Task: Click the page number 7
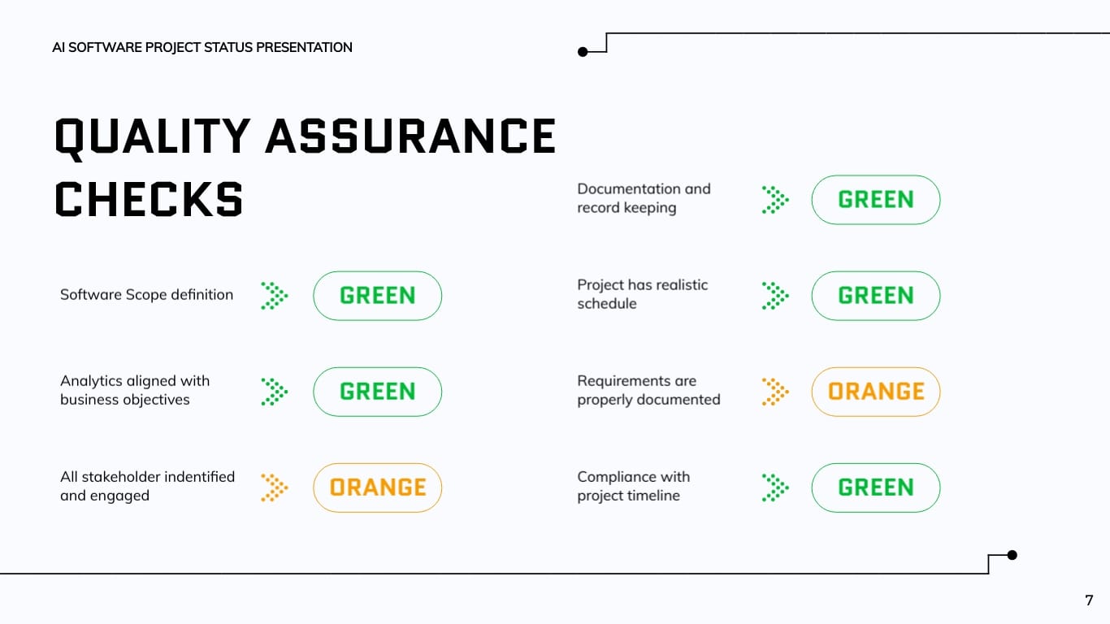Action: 1089,600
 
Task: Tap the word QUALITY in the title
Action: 152,136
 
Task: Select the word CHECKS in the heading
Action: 150,199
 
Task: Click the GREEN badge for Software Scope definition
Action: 377,296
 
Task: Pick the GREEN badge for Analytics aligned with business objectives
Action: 377,392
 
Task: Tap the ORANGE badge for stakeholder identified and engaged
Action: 377,487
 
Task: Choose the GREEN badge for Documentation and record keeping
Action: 875,200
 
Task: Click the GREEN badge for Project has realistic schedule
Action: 875,296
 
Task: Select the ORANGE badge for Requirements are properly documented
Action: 875,392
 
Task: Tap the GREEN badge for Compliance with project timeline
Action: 875,487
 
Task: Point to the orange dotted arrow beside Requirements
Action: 775,392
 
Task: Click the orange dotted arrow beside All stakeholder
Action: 275,487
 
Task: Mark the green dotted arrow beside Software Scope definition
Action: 275,296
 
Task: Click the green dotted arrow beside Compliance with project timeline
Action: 775,487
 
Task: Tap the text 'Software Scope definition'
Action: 146,295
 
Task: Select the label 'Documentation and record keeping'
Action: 644,198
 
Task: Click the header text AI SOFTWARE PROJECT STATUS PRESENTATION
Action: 202,48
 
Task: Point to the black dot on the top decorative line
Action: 583,52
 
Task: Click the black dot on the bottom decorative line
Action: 1012,556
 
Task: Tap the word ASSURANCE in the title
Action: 411,136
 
